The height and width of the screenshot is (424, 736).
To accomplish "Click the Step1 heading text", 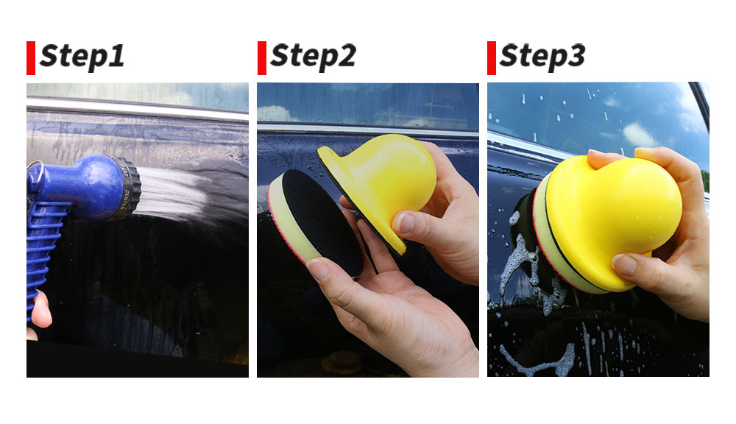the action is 82,57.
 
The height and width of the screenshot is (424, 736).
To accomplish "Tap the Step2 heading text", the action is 313,57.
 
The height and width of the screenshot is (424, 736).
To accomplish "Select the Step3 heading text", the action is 542,57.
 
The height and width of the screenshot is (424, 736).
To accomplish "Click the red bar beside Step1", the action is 31,58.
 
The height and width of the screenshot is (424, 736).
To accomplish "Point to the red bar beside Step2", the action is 262,58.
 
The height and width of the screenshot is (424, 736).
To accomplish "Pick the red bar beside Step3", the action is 492,58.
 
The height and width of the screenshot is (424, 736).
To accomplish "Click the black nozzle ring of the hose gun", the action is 127,188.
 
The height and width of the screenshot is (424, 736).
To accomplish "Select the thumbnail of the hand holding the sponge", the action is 318,269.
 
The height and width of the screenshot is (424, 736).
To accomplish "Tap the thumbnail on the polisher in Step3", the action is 624,264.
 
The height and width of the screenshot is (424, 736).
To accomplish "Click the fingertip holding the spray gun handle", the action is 41,309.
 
